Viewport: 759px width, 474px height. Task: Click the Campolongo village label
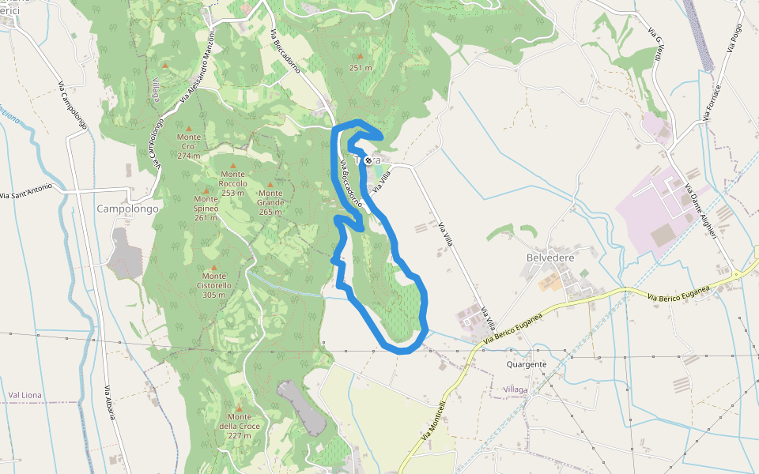coord(127,209)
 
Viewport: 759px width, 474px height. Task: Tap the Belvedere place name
coord(549,258)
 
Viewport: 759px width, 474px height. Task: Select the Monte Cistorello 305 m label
coord(213,284)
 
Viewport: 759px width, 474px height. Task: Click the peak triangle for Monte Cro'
coord(188,127)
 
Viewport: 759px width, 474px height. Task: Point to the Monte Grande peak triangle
coord(270,184)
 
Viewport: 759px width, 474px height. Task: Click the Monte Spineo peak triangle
coord(206,190)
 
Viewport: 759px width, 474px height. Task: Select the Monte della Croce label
coord(239,426)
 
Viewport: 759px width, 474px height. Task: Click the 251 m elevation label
coord(361,68)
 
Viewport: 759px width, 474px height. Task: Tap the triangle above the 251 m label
coord(361,56)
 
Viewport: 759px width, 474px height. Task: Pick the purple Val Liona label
coord(25,394)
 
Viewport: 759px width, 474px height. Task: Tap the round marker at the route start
coord(368,160)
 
